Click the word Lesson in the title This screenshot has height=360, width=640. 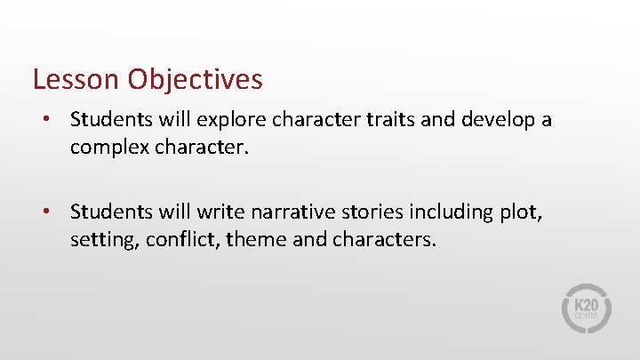[76, 79]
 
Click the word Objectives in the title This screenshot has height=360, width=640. [195, 80]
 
